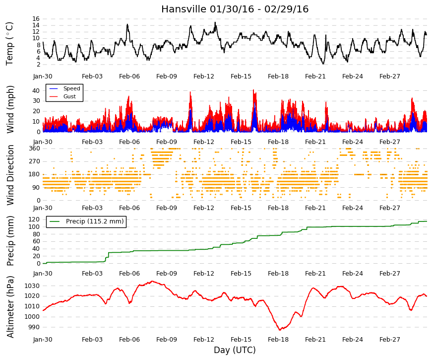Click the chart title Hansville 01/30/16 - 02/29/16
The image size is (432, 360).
pyautogui.click(x=235, y=9)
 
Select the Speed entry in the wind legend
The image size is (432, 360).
pyautogui.click(x=71, y=88)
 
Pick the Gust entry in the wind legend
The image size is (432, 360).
pyautogui.click(x=69, y=96)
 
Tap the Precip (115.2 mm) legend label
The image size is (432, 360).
pyautogui.click(x=95, y=221)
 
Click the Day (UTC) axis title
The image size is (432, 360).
pyautogui.click(x=235, y=350)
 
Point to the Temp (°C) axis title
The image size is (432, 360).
pyautogui.click(x=9, y=44)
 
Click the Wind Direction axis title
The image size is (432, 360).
pyautogui.click(x=10, y=175)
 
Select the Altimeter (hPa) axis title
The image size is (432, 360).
pyautogui.click(x=10, y=306)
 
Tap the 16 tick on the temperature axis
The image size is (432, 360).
pyautogui.click(x=36, y=19)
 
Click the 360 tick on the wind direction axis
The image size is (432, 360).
pyautogui.click(x=35, y=148)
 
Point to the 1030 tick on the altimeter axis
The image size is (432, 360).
pyautogui.click(x=32, y=286)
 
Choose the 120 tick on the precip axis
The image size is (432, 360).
pyautogui.click(x=34, y=219)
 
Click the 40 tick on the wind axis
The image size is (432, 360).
pyautogui.click(x=36, y=90)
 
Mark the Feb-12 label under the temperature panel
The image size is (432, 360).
pyautogui.click(x=204, y=76)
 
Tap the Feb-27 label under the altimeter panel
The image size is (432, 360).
pyautogui.click(x=389, y=340)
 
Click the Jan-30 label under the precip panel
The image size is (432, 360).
pyautogui.click(x=43, y=274)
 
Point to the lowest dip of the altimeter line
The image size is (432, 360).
pyautogui.click(x=280, y=330)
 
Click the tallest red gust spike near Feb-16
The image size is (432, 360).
pyautogui.click(x=253, y=90)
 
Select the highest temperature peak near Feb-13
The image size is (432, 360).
pyautogui.click(x=215, y=23)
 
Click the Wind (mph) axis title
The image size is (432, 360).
pyautogui.click(x=10, y=110)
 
